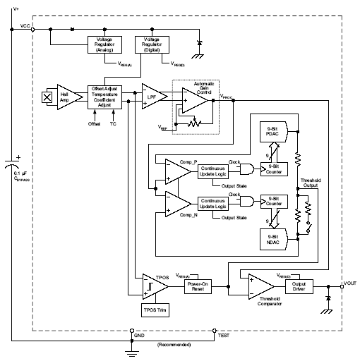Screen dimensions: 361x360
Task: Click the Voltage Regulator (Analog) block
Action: [x=104, y=44]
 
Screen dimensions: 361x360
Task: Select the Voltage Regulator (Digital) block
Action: [x=152, y=44]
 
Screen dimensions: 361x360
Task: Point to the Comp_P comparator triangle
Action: [x=175, y=170]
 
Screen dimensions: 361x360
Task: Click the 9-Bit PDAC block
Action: [x=272, y=133]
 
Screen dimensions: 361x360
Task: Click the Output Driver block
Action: [x=299, y=286]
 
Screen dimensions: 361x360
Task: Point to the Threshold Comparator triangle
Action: [x=260, y=286]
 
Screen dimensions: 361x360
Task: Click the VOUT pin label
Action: [x=350, y=283]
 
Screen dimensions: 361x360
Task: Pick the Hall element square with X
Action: [x=47, y=96]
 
